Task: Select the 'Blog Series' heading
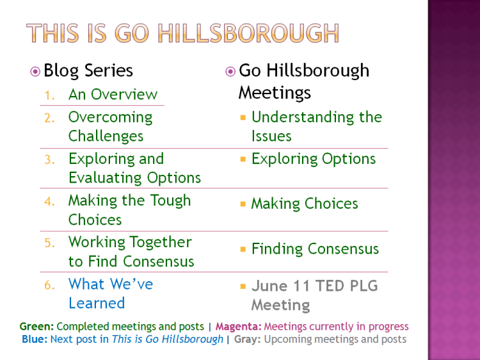click(88, 70)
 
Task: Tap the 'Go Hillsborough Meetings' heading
click(303, 81)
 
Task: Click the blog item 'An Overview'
click(113, 95)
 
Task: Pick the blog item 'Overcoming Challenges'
click(110, 127)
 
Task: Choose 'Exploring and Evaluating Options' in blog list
click(134, 168)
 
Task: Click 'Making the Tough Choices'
click(129, 210)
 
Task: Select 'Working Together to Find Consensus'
click(131, 252)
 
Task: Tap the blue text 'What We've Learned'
click(110, 293)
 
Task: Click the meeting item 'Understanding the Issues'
click(316, 127)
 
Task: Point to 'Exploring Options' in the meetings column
click(314, 159)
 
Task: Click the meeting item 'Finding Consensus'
click(315, 249)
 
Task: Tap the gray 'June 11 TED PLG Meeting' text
click(314, 295)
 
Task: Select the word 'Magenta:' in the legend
click(237, 327)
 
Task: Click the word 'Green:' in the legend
click(36, 327)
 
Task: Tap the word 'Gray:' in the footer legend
click(247, 340)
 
